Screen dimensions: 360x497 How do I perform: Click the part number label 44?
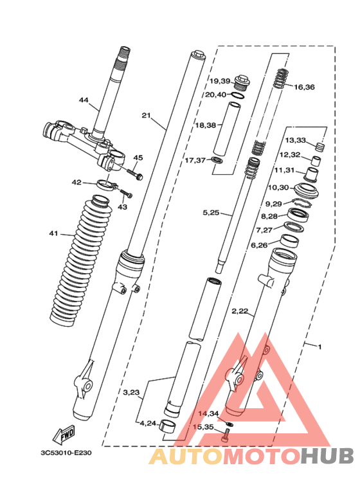(x=84, y=100)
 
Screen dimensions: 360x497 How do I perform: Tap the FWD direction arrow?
(x=64, y=434)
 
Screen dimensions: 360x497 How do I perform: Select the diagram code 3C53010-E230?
(x=66, y=453)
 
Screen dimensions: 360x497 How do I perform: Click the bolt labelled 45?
(x=134, y=174)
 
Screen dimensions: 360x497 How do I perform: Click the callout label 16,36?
(x=305, y=87)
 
